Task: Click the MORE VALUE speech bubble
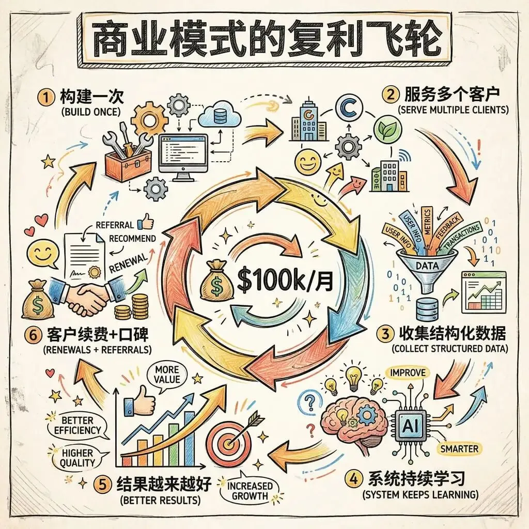point(166,375)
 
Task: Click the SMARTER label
point(459,448)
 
